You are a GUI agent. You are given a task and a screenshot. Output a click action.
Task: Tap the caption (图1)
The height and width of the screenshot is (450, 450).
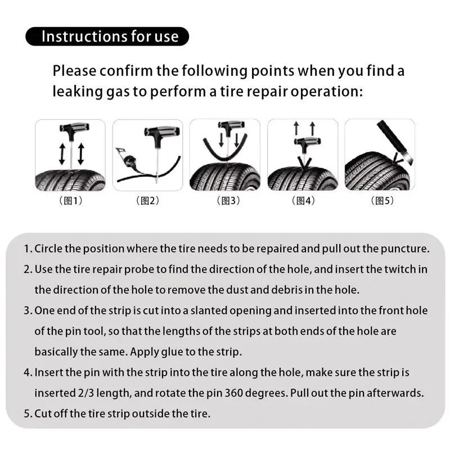[x=70, y=201]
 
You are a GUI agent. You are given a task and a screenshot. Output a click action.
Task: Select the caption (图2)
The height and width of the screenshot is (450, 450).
[x=147, y=201]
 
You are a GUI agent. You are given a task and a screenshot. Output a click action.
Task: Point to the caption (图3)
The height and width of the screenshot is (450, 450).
[x=225, y=201]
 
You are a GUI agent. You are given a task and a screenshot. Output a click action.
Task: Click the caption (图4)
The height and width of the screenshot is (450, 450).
[x=303, y=201]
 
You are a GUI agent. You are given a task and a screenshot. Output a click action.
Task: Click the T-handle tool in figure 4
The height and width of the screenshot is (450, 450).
[x=304, y=145]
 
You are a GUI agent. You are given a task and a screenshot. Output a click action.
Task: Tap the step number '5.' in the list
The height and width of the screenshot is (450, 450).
[x=28, y=413]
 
